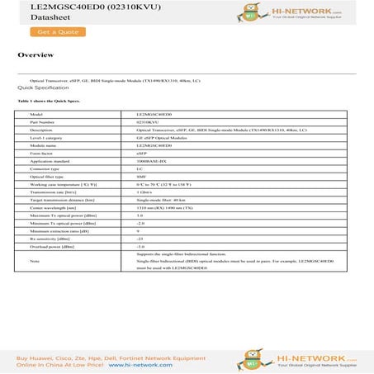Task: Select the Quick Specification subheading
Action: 43,87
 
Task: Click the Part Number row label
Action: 42,122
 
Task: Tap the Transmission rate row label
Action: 54,192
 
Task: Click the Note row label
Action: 34,261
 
